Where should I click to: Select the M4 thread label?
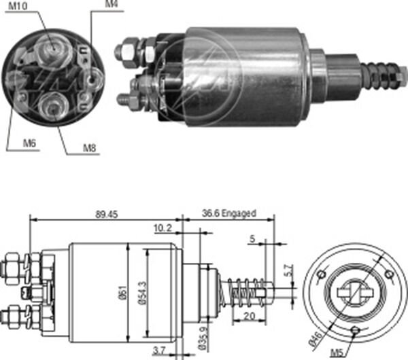(111, 5)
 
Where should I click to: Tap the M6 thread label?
(29, 143)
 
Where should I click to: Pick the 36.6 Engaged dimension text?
(230, 213)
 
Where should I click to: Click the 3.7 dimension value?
(158, 350)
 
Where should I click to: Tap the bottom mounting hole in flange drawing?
(356, 331)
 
